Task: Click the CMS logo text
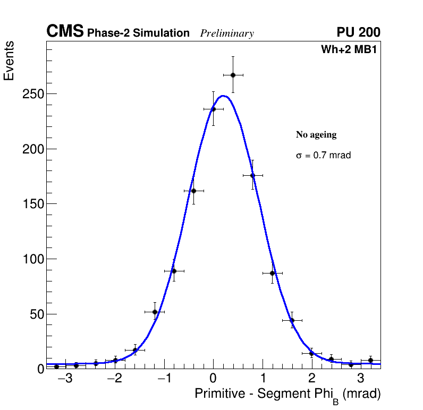click(65, 32)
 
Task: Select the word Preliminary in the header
click(227, 33)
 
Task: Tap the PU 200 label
click(358, 32)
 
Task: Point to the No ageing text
click(316, 135)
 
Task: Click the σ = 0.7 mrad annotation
click(323, 156)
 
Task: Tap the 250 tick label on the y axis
click(32, 94)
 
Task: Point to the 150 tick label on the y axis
click(32, 204)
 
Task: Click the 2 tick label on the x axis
click(311, 379)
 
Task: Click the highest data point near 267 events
click(233, 75)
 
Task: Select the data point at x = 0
click(213, 109)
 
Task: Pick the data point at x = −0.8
click(174, 271)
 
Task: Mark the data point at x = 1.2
click(272, 273)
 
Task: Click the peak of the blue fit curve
click(223, 96)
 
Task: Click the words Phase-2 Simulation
click(138, 33)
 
